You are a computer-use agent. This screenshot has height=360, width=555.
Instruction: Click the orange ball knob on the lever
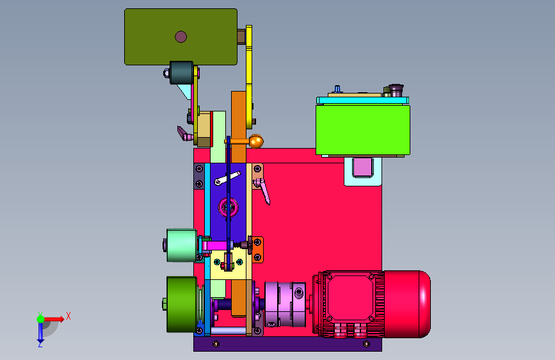(x=256, y=142)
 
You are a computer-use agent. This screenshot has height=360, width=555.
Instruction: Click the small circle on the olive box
(x=181, y=37)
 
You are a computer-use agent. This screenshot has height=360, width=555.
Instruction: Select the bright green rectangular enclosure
(x=363, y=129)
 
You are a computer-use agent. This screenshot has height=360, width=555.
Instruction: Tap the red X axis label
(x=68, y=316)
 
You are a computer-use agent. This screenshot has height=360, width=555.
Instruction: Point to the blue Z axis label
(x=40, y=344)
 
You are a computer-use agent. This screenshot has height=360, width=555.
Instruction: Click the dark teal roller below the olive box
(x=182, y=73)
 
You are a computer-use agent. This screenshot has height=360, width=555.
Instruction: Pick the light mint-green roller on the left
(x=182, y=245)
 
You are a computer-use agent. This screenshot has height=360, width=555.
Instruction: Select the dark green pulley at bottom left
(x=182, y=304)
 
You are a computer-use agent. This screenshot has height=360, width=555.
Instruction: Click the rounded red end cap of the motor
(x=407, y=304)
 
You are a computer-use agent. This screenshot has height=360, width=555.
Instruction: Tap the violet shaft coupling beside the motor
(x=286, y=304)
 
